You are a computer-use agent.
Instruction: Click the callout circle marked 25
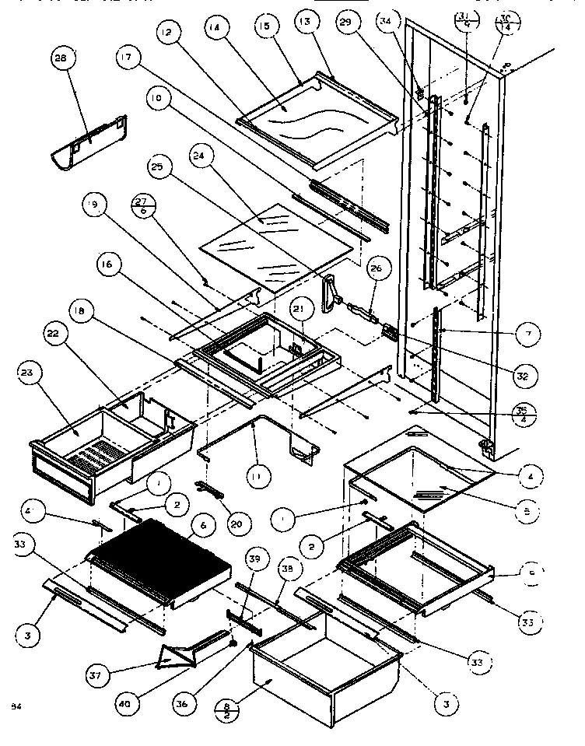159,167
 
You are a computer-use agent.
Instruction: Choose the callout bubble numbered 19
94,205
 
